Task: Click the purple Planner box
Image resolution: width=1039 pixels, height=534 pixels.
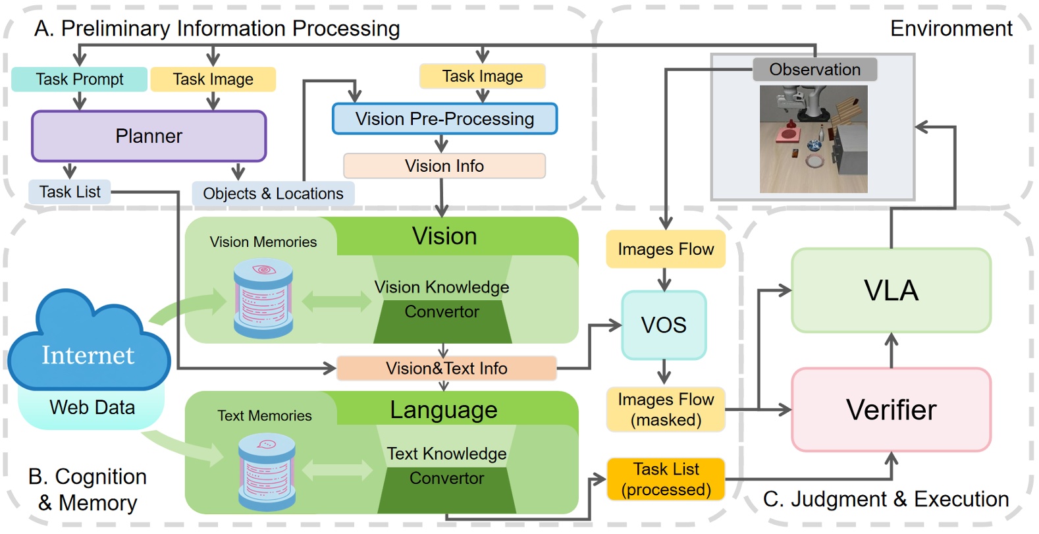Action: pos(149,136)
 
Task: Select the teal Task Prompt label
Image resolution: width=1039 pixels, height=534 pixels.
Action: pos(79,80)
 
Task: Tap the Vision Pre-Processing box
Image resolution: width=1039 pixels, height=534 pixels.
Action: pos(444,119)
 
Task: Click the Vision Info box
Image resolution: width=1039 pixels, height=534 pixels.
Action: pos(444,166)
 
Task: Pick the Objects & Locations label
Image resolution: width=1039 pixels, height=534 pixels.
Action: pos(273,194)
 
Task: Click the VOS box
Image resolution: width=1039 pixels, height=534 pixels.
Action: pos(664,325)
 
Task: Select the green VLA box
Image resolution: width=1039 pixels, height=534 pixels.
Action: pos(891,290)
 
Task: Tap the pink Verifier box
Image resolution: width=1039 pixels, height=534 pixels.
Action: pos(891,410)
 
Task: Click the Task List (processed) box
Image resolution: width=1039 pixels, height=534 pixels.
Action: pos(666,479)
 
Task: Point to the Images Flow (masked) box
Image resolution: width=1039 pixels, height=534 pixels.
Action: pos(666,410)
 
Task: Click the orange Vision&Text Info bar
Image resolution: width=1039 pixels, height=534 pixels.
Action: pos(446,368)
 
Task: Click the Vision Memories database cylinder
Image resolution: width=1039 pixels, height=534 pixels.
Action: pos(263,298)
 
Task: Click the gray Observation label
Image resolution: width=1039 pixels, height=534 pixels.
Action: pos(814,69)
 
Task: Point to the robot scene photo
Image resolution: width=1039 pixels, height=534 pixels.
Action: pos(813,139)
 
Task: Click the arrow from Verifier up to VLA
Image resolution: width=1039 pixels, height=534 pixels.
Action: pos(891,350)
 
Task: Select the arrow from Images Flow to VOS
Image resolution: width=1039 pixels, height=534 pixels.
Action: pos(664,280)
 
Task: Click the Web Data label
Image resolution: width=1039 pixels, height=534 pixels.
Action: pos(92,408)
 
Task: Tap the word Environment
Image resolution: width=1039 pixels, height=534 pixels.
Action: pos(951,28)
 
